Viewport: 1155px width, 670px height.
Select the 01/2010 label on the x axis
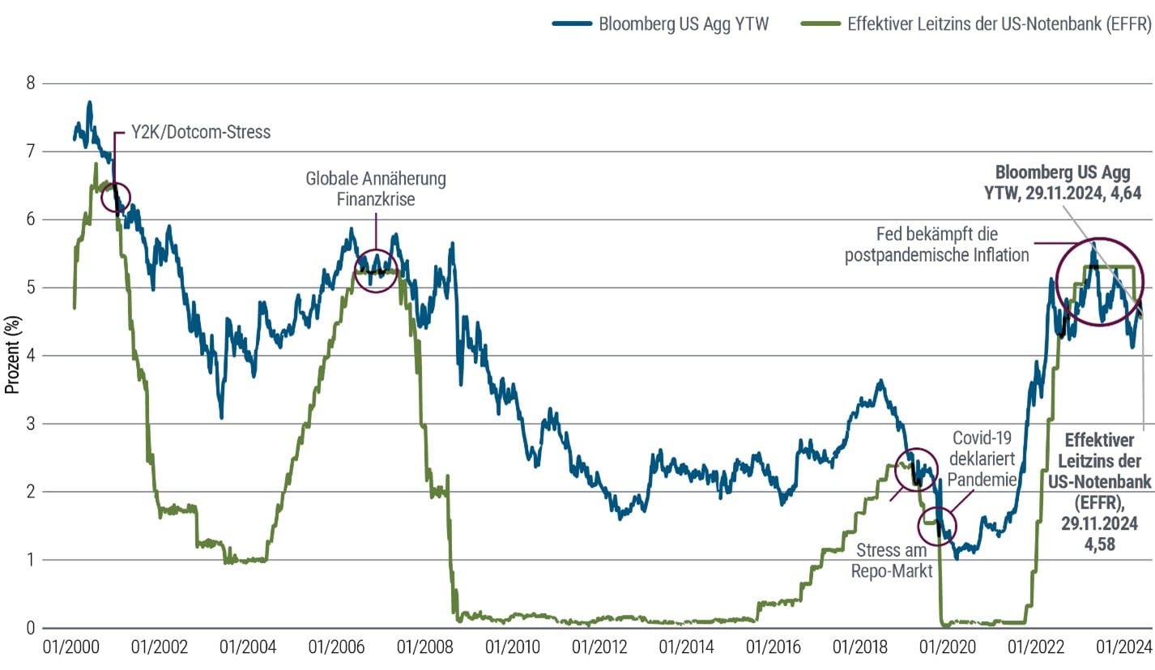click(x=510, y=648)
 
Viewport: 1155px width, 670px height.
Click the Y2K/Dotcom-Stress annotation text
click(x=200, y=132)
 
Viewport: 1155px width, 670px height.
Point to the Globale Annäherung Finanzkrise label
click(x=376, y=188)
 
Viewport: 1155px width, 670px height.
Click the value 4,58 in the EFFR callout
click(x=1101, y=545)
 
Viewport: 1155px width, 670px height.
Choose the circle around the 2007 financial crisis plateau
click(x=376, y=271)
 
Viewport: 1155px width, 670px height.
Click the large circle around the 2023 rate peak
click(x=1099, y=282)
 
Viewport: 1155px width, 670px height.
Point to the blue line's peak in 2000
click(x=90, y=103)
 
